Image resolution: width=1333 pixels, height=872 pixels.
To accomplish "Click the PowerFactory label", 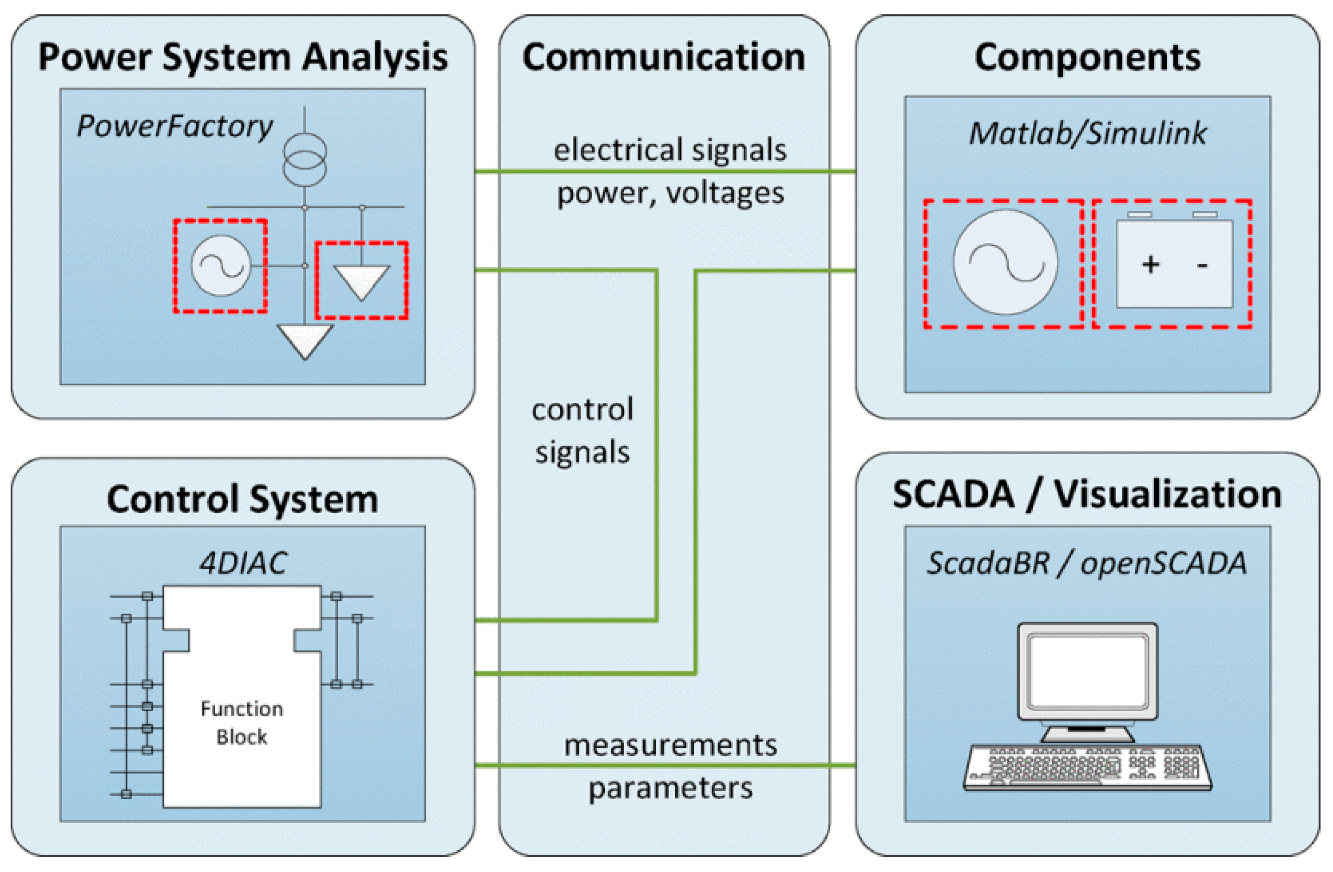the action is pyautogui.click(x=175, y=127).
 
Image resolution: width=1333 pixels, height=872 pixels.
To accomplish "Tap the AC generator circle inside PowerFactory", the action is pyautogui.click(x=221, y=265).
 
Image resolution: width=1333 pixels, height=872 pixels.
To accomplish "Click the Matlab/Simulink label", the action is pyautogui.click(x=1088, y=133).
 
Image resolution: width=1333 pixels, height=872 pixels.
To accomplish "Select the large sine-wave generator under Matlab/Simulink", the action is pyautogui.click(x=1006, y=262).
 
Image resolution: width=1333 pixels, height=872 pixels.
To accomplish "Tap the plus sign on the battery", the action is pyautogui.click(x=1151, y=264).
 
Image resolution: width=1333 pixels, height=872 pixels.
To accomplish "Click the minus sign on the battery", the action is pyautogui.click(x=1202, y=265).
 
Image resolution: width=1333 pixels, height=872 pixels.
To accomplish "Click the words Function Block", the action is pyautogui.click(x=242, y=723).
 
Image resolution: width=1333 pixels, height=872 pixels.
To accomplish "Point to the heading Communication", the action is pyautogui.click(x=664, y=57).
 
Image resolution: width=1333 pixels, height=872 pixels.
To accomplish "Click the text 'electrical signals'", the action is pyautogui.click(x=670, y=150).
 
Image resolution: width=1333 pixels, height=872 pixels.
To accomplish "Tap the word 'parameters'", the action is pyautogui.click(x=670, y=788).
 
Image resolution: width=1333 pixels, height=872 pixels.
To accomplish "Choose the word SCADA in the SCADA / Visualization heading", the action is pyautogui.click(x=953, y=495).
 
